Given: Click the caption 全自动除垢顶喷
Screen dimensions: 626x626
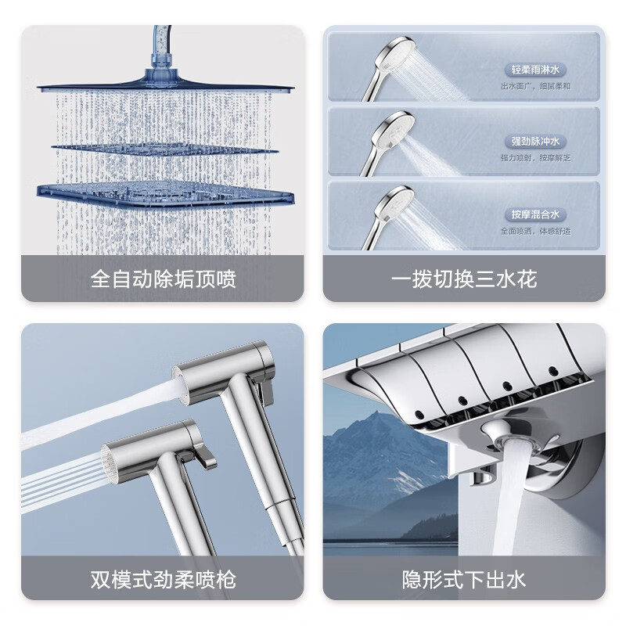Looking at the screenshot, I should pyautogui.click(x=162, y=279).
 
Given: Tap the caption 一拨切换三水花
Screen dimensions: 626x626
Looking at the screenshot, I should pyautogui.click(x=464, y=279).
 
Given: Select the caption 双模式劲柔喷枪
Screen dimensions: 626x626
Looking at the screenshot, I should pyautogui.click(x=162, y=580).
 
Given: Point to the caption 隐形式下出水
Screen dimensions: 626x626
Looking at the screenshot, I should pyautogui.click(x=464, y=580).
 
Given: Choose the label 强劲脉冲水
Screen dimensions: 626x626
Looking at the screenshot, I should pyautogui.click(x=534, y=142).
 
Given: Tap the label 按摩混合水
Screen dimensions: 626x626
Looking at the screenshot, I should pyautogui.click(x=534, y=214).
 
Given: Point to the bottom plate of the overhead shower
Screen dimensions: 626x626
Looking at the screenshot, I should pyautogui.click(x=164, y=192).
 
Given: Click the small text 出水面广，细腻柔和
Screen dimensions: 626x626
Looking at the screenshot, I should pyautogui.click(x=535, y=86).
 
